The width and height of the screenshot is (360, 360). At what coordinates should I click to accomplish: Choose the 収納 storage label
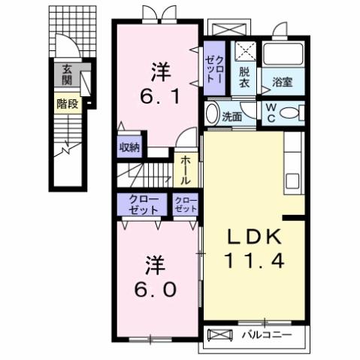coord(129,148)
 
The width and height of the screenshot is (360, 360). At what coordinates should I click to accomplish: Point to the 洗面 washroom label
coord(231,116)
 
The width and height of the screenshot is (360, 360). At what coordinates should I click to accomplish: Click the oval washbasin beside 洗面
coord(212,115)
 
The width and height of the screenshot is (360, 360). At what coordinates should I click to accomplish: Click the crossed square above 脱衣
coord(244,52)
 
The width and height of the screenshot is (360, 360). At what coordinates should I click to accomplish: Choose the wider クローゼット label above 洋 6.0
coord(142,204)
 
